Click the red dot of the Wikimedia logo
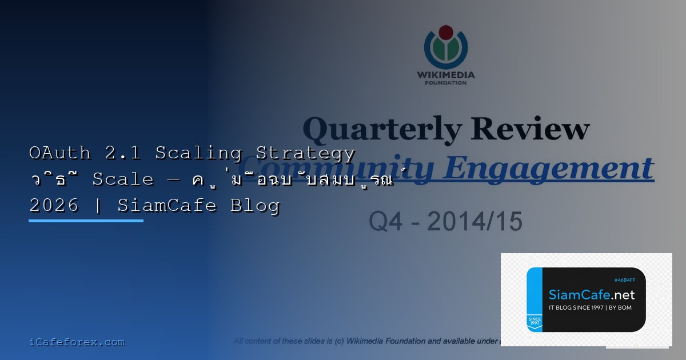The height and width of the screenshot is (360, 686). tap(445, 32)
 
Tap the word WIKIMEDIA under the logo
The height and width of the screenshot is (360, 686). tap(445, 74)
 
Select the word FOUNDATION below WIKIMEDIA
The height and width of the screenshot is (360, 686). tap(445, 83)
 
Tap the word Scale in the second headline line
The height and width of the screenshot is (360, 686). tap(123, 179)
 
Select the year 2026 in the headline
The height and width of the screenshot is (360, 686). tap(54, 205)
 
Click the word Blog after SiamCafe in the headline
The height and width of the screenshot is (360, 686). tap(255, 205)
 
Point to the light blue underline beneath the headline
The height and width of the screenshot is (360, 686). tap(86, 221)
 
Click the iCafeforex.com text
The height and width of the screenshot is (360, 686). tap(77, 342)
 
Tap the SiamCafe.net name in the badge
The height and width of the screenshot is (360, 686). tap(591, 295)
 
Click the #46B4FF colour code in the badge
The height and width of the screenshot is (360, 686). tap(625, 280)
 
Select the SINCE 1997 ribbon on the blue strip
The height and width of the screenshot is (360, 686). tap(534, 322)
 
